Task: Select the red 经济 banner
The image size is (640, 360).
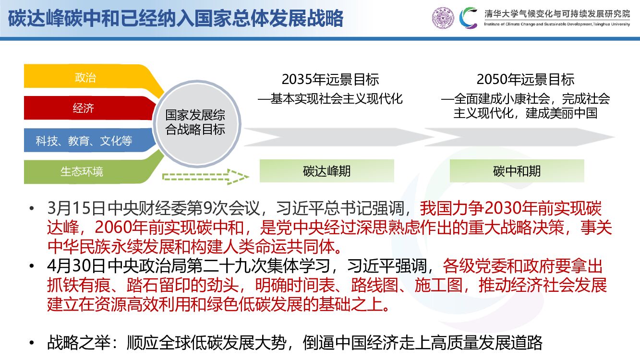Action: point(84,108)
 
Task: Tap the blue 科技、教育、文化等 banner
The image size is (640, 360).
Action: point(84,141)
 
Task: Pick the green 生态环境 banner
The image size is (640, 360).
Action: point(82,171)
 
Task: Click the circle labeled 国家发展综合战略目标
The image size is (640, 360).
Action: point(195,123)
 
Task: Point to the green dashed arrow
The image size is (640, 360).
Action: point(205,176)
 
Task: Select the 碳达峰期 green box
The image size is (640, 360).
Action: point(326,171)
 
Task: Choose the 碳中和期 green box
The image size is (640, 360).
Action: point(517,171)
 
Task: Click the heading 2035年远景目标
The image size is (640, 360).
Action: point(330,79)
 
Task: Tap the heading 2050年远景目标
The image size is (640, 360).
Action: point(525,79)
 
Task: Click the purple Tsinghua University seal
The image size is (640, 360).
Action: point(442,18)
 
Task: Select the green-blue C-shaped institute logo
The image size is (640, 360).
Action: point(469,18)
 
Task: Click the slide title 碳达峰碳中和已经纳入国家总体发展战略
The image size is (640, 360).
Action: point(176,19)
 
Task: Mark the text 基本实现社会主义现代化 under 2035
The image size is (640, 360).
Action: point(336,99)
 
